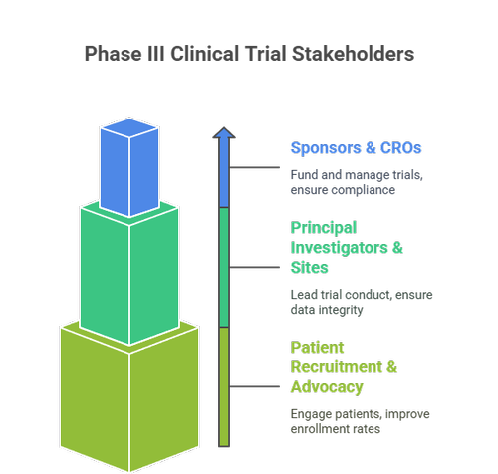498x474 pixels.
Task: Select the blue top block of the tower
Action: [x=129, y=171]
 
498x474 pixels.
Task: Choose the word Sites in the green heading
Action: [x=312, y=268]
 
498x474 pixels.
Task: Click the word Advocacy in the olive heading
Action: [x=327, y=387]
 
